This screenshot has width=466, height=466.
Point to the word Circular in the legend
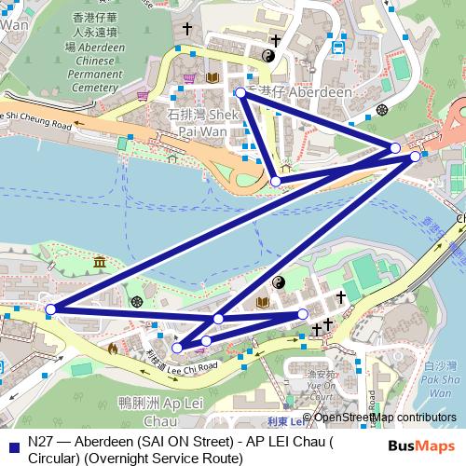click(54, 457)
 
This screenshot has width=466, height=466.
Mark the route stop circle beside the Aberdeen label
click(240, 92)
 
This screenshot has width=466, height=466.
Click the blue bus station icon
click(339, 44)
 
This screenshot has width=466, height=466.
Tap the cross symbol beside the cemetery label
click(187, 30)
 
